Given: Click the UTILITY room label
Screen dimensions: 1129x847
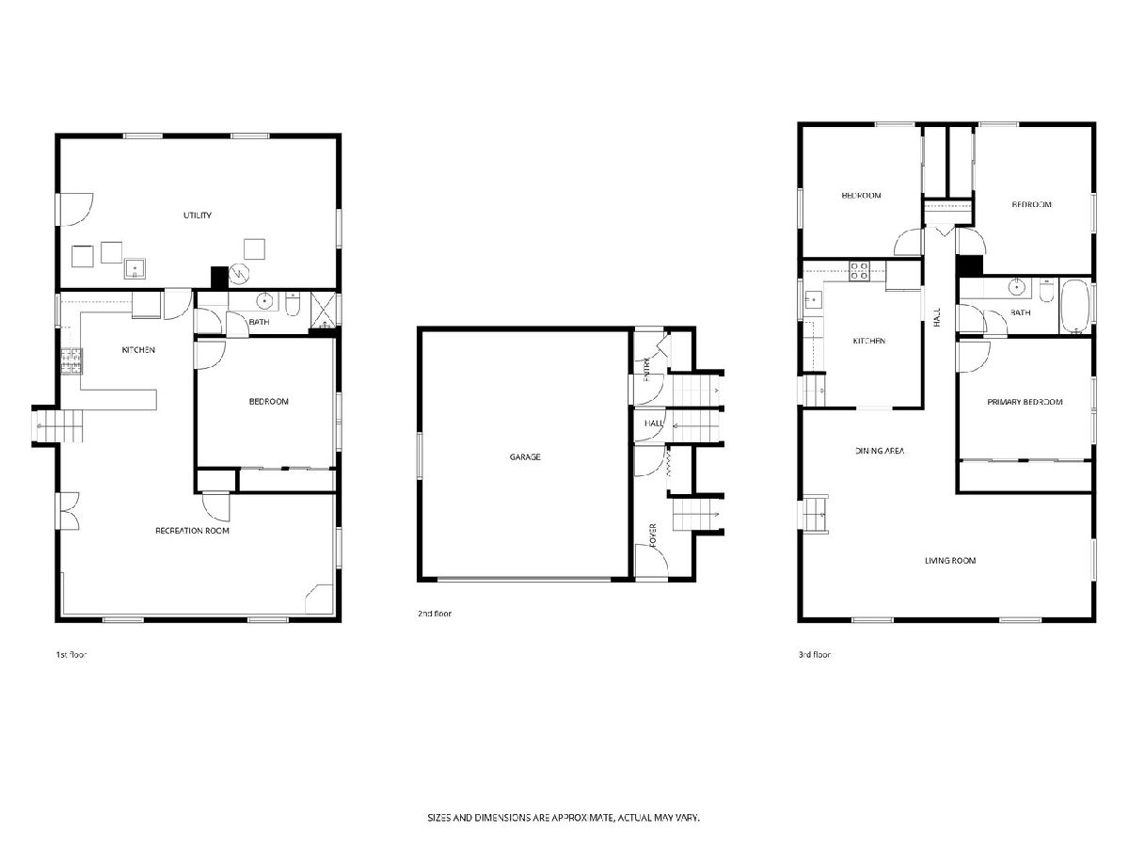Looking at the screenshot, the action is (x=198, y=215).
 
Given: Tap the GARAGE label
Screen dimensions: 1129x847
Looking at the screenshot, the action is (x=525, y=456).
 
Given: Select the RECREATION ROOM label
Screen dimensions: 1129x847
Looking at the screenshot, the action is (x=192, y=530).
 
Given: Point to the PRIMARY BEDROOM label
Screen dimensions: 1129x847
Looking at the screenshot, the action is (x=1025, y=402).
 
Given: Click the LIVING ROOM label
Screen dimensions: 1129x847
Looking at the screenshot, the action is (x=950, y=561).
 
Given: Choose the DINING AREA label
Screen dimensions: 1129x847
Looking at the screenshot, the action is (x=880, y=451).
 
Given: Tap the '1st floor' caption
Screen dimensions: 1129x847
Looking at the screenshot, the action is (x=71, y=655).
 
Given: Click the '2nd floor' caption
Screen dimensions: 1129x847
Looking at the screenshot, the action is (x=435, y=614).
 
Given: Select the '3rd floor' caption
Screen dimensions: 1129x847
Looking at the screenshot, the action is (x=814, y=655).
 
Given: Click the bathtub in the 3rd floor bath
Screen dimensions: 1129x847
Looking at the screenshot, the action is (x=1075, y=307).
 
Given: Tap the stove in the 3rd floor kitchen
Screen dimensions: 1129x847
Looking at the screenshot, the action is (x=859, y=270).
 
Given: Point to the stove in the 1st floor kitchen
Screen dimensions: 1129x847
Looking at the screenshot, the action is (x=72, y=361).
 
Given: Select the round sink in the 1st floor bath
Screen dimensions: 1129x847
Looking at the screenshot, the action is (x=264, y=300).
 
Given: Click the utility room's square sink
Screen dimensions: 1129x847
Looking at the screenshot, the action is (x=135, y=268).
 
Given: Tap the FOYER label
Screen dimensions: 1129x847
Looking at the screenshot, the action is (x=653, y=535).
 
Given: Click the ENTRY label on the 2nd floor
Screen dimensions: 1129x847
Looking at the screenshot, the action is (x=646, y=369).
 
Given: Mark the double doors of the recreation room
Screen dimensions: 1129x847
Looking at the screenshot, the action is (x=70, y=511).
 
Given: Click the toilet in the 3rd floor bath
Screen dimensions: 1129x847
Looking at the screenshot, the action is (x=1046, y=290).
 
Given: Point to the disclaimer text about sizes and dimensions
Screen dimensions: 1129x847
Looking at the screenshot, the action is (x=564, y=817).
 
